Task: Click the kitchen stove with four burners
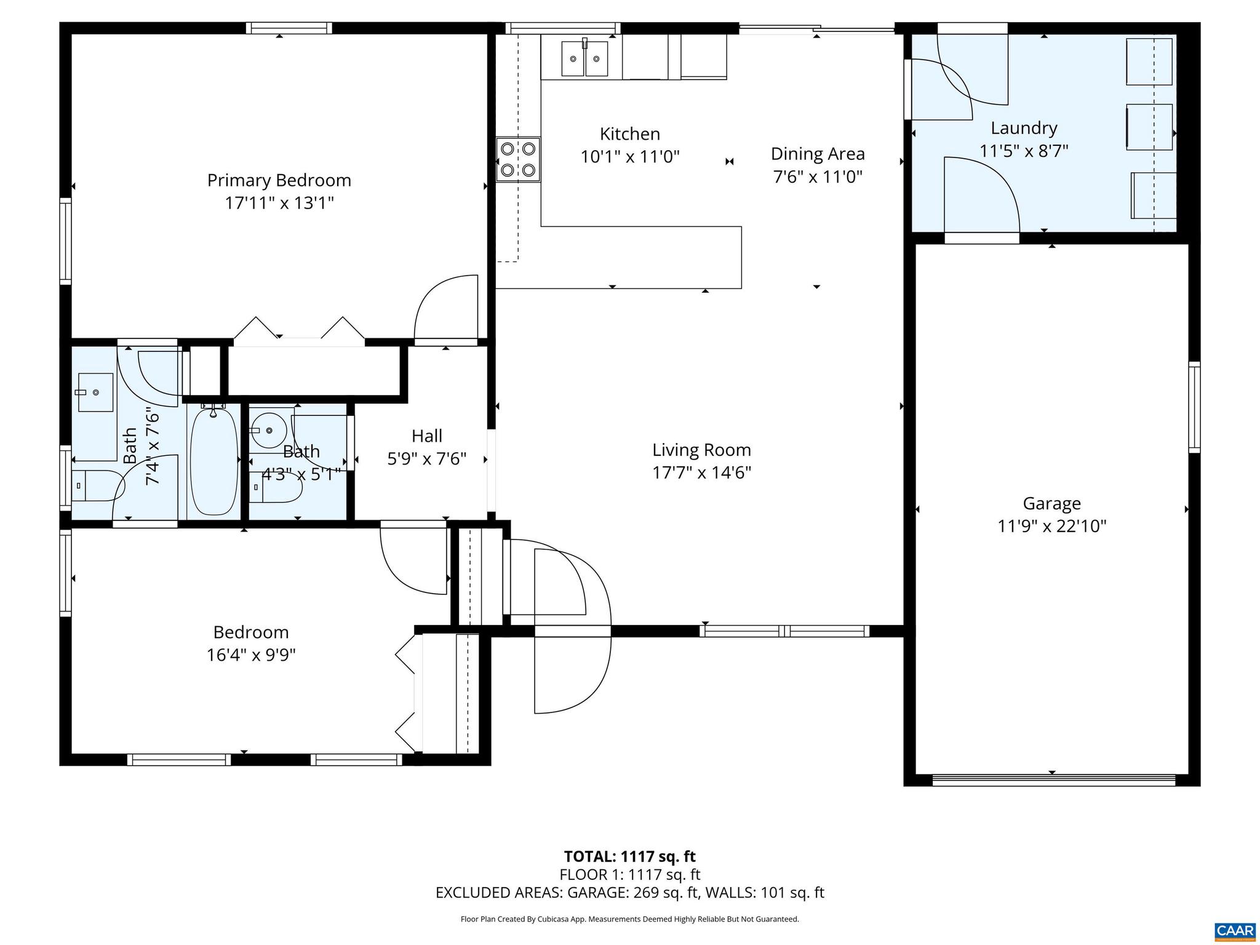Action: (518, 159)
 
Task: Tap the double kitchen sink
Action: (584, 59)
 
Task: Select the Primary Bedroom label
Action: (279, 180)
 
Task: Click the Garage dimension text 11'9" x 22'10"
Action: (1051, 527)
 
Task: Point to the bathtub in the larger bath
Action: (213, 460)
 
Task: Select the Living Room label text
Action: (701, 450)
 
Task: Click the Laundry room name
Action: (1024, 128)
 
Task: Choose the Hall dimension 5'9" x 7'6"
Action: (426, 459)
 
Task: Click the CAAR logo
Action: (1235, 930)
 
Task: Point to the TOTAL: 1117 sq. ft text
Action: (629, 856)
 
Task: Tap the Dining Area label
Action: (817, 154)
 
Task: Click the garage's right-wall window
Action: (1194, 407)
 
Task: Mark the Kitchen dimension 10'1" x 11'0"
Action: (629, 157)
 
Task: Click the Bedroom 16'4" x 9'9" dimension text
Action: (251, 655)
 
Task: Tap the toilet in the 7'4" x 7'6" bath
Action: (95, 486)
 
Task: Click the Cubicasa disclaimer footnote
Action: (629, 919)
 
